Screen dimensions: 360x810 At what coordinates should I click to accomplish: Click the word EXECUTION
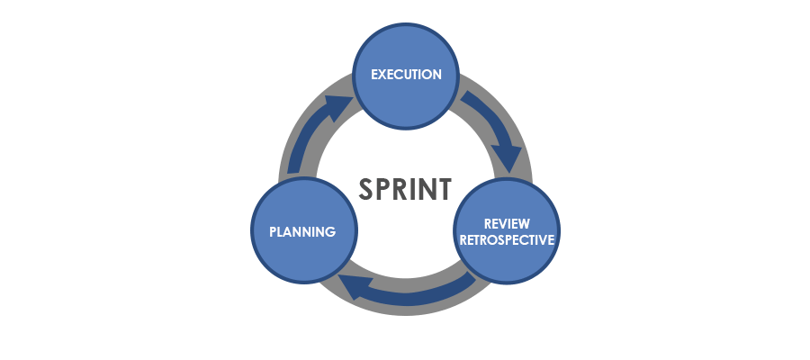click(406, 75)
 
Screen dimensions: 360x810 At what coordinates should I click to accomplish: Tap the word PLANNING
click(302, 232)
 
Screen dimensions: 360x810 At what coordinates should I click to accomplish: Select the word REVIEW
click(506, 222)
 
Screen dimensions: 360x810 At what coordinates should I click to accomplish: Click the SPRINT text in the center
click(405, 189)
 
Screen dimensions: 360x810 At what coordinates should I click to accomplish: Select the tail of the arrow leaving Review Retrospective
click(471, 280)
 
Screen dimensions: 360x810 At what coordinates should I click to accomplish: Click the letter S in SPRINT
click(368, 189)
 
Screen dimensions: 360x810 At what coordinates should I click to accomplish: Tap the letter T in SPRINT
click(442, 189)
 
